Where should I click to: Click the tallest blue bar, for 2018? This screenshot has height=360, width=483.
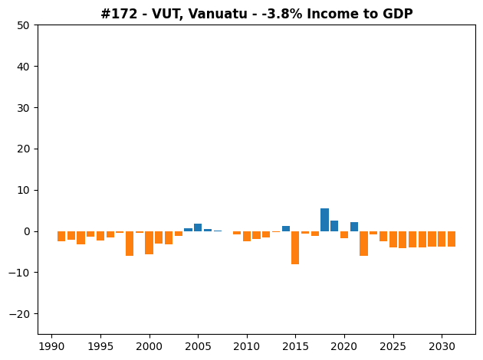[x=324, y=220]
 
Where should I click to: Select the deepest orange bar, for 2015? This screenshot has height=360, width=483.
[x=295, y=247]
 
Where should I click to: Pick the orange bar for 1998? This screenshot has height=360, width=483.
[x=130, y=244]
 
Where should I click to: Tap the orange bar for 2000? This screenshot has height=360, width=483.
[x=149, y=243]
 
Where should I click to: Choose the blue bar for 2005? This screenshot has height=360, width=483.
[x=198, y=227]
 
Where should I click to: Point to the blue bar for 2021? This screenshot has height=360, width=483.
[x=354, y=227]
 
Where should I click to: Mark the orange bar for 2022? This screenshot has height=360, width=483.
[x=364, y=244]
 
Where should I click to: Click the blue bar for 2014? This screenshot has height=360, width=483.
[x=286, y=228]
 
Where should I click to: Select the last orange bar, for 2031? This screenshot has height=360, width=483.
[x=452, y=239]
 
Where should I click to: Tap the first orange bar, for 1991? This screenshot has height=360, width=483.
[x=61, y=237]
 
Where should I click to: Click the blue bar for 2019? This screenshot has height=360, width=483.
[x=334, y=226]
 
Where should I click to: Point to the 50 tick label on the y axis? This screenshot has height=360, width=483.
[x=23, y=25]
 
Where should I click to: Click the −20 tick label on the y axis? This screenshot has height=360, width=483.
[x=19, y=314]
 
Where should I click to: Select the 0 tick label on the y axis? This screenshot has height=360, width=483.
[x=27, y=231]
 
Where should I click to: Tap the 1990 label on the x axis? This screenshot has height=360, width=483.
[x=52, y=346]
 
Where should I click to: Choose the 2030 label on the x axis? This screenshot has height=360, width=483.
[x=442, y=346]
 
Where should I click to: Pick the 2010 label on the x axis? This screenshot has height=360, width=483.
[x=247, y=346]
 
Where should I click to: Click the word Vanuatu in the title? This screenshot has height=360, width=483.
[x=218, y=14]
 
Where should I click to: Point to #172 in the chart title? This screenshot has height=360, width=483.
[x=119, y=14]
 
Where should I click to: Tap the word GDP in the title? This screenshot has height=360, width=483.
[x=399, y=14]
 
